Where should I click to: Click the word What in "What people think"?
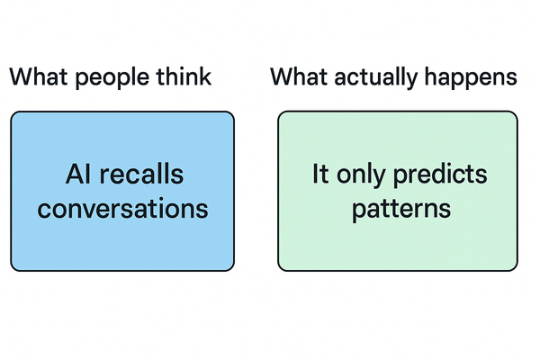[37, 77]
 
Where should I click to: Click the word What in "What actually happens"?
[298, 77]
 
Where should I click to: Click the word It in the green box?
[319, 174]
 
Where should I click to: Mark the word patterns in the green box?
[397, 209]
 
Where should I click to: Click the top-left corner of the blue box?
[13, 112]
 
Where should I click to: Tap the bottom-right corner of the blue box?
[233, 269]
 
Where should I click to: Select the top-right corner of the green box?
[517, 112]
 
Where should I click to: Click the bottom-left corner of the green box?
[279, 269]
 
